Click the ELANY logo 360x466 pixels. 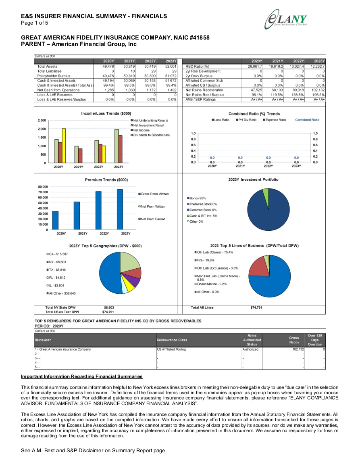point(286,19)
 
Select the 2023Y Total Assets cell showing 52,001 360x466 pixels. point(171,67)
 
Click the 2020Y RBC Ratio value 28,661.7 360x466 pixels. point(255,67)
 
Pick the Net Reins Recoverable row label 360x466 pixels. point(204,90)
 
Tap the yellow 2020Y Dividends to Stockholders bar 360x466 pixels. point(64,146)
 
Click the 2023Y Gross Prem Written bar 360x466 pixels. point(120,209)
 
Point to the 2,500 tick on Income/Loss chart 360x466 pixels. point(42,120)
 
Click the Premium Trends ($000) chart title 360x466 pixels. point(106,180)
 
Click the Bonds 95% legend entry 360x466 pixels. point(196,198)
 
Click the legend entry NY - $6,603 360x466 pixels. point(56,262)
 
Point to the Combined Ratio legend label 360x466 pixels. point(307,120)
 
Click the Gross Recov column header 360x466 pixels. point(294,340)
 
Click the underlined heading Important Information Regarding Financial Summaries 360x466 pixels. point(82,376)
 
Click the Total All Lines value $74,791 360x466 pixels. point(256,307)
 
